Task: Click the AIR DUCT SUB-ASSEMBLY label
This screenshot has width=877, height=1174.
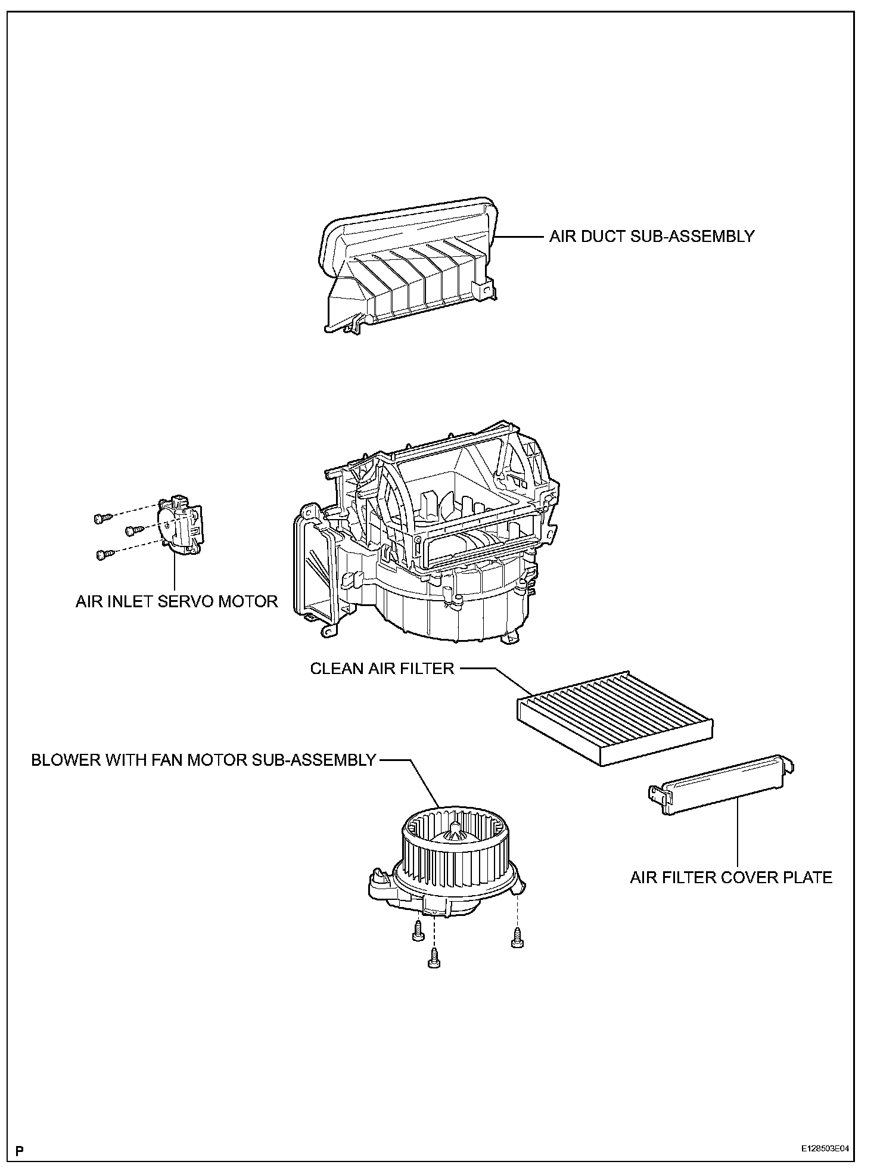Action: pos(651,237)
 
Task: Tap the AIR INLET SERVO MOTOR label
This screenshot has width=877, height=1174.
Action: pos(176,601)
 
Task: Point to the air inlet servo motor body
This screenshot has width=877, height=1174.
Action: pos(179,523)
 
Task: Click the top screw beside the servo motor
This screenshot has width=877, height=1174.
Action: pos(100,518)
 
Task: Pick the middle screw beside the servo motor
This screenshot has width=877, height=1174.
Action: pos(133,529)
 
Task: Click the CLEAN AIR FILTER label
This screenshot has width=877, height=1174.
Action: pos(382,669)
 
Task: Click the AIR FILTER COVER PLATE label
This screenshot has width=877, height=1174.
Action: pos(731,877)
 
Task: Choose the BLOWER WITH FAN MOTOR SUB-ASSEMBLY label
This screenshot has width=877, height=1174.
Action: pos(203,760)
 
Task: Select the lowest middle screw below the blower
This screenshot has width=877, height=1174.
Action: pos(434,960)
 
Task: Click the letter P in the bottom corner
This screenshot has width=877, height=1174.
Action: pos(20,1150)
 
